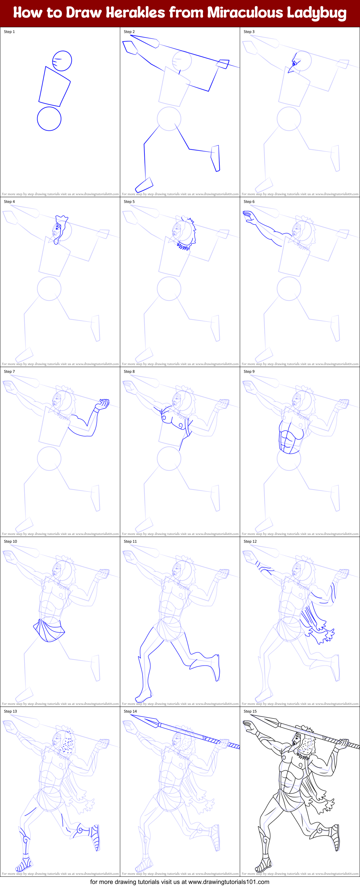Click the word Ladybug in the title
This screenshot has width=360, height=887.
317,13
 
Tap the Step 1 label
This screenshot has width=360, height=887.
9,32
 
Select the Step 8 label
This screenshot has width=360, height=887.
129,371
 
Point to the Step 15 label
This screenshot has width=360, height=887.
250,711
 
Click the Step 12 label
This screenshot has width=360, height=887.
250,541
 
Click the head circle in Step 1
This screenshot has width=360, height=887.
62,61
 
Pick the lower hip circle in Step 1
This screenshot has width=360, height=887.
49,118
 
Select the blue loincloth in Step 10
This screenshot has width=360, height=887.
49,630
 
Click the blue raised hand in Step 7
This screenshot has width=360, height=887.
102,403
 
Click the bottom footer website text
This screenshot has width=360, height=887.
180,882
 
